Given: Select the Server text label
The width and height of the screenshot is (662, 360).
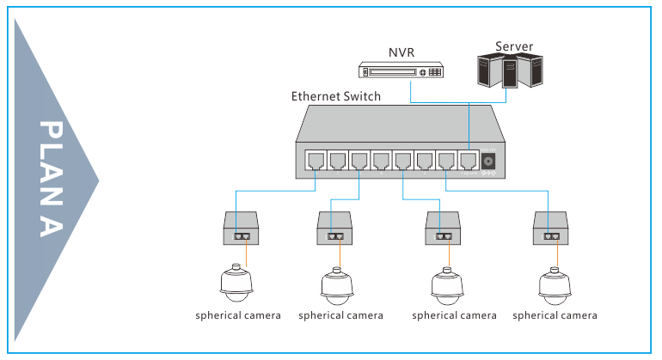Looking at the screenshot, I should coord(514,46).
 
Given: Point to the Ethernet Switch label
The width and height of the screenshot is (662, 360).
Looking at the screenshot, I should coord(335,96).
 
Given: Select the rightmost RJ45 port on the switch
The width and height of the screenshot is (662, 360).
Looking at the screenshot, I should coord(468,160).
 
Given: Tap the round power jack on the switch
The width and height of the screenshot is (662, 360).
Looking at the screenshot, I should coord(490,162).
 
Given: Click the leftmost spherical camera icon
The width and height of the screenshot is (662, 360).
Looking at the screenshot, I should coord(236,284).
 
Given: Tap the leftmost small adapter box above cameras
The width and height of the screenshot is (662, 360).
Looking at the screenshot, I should coord(242,229).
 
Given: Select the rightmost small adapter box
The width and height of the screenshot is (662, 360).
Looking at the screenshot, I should coord(552,229).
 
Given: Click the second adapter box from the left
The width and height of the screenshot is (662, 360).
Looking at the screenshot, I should coord(337,229).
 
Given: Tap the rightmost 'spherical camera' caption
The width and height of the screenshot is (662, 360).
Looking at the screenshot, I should coord(555,315).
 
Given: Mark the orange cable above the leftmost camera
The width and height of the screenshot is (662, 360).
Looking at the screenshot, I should coord(246,254).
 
